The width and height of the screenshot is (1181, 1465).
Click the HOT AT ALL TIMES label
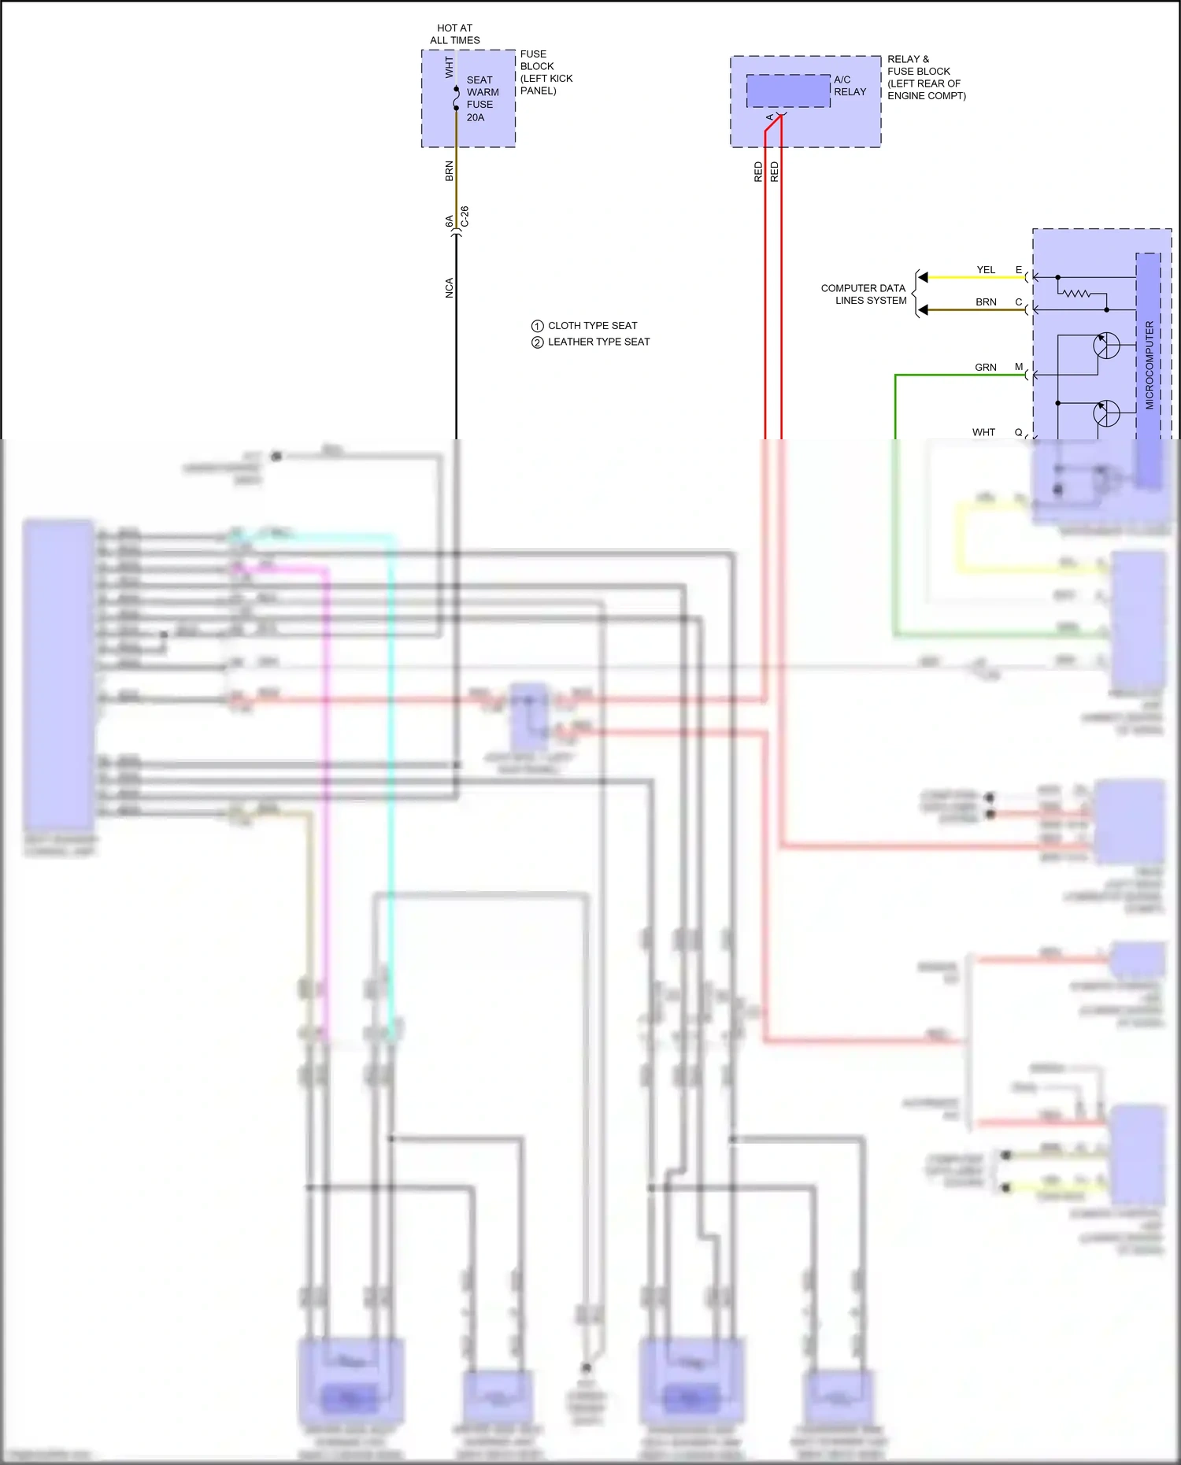pyautogui.click(x=454, y=34)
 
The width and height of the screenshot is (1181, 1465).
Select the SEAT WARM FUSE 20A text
pyautogui.click(x=482, y=98)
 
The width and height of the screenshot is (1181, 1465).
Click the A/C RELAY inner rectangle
pyautogui.click(x=788, y=91)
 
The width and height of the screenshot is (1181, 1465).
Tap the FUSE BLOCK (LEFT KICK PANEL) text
pyautogui.click(x=546, y=72)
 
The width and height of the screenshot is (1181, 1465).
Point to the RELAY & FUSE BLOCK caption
pyautogui.click(x=926, y=77)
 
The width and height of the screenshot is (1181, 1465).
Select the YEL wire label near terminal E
pyautogui.click(x=986, y=270)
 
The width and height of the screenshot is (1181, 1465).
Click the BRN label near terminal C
pyautogui.click(x=986, y=302)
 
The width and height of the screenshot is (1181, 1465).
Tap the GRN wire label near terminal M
pyautogui.click(x=985, y=368)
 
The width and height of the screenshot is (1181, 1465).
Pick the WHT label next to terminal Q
pyautogui.click(x=983, y=432)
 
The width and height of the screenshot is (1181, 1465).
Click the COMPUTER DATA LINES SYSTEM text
pyautogui.click(x=864, y=294)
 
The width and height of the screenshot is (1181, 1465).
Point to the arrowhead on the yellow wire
pyautogui.click(x=924, y=277)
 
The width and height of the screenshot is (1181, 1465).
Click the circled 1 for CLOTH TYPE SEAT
pyautogui.click(x=537, y=326)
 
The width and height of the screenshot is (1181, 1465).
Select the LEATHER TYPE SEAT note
pyautogui.click(x=598, y=342)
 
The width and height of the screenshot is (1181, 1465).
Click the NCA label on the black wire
pyautogui.click(x=450, y=288)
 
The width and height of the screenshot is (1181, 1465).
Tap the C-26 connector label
pyautogui.click(x=465, y=216)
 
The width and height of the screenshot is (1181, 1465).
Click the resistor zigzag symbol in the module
pyautogui.click(x=1075, y=294)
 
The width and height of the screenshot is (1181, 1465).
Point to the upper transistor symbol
pyautogui.click(x=1105, y=346)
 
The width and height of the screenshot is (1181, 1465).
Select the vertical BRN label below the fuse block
pyautogui.click(x=450, y=172)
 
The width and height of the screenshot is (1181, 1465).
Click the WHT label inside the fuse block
pyautogui.click(x=449, y=67)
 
